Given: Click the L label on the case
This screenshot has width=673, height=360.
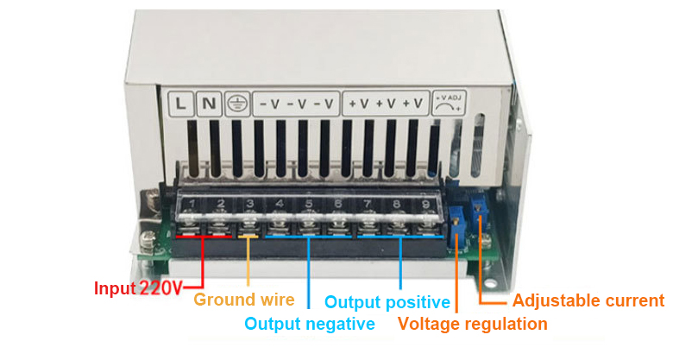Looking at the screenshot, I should point(180,104).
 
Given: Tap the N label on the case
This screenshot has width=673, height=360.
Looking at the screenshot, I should point(209,104).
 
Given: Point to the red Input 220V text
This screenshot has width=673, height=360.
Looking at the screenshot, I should point(138,288).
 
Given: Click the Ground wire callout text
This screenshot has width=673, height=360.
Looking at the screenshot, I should point(244,300).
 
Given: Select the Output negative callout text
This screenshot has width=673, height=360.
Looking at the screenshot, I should point(310,324).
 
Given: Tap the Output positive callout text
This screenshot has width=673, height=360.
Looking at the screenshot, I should point(387,302).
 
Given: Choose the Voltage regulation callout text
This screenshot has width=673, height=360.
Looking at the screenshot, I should point(473,324).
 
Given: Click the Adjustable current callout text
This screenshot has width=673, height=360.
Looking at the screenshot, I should point(588,300).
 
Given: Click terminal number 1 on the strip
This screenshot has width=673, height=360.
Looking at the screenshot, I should point(192,205).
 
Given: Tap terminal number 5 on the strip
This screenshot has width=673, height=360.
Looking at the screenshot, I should point(308,205).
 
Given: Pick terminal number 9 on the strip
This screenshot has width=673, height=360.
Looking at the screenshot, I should point(425,205).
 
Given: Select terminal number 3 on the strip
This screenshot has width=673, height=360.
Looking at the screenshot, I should point(249,205).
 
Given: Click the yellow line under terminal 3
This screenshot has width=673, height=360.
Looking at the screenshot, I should point(248,235).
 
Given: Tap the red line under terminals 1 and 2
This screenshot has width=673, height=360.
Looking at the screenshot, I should point(204,235).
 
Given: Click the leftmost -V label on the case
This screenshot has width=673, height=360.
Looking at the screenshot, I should point(268,104).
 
